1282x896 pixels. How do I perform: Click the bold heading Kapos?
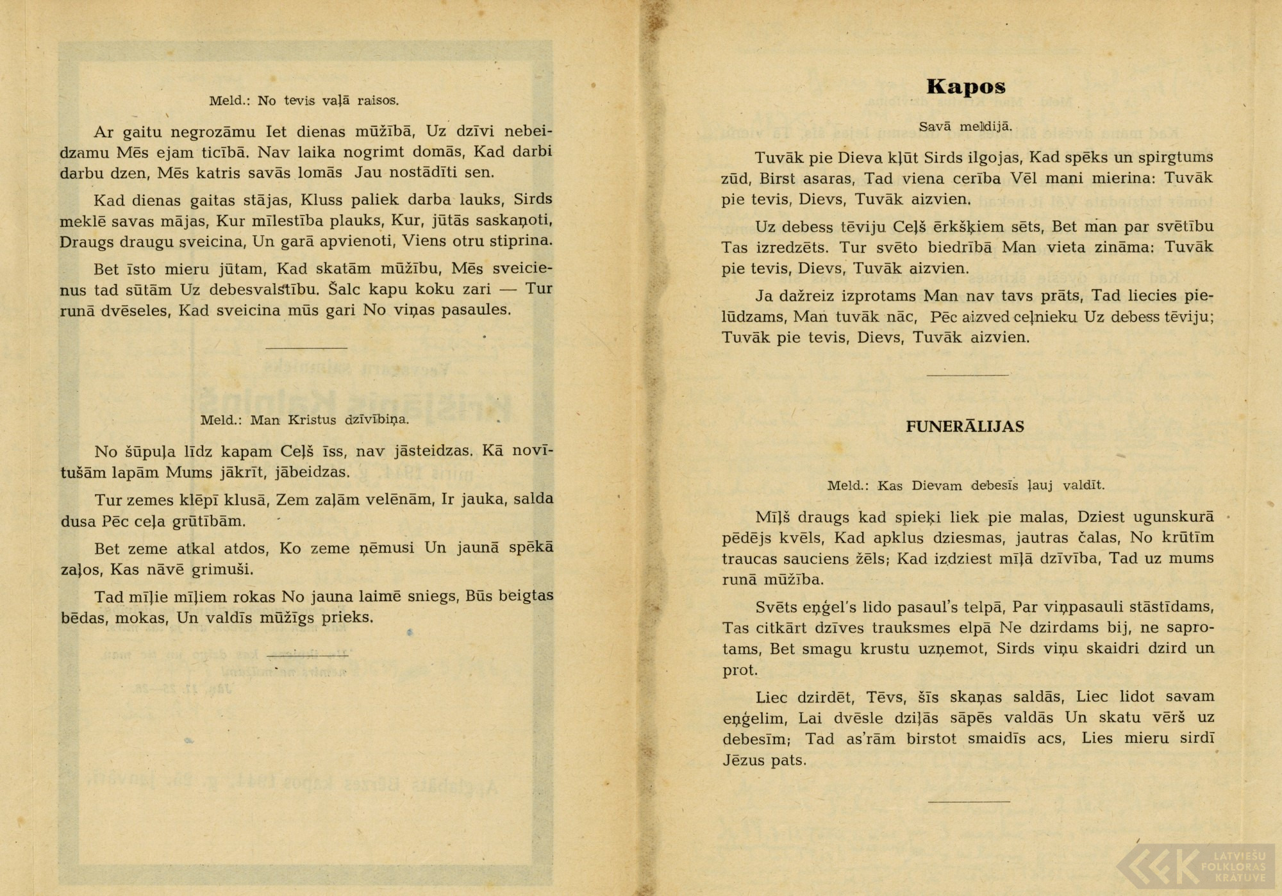(x=966, y=87)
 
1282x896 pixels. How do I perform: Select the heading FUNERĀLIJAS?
(x=965, y=427)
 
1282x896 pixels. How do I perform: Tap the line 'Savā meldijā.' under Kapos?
(x=965, y=126)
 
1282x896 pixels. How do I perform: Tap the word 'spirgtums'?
(x=1174, y=158)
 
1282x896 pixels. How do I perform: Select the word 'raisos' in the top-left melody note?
(x=378, y=101)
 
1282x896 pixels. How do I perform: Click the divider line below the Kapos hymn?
(x=968, y=375)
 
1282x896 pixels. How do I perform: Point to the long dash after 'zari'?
(x=508, y=289)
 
